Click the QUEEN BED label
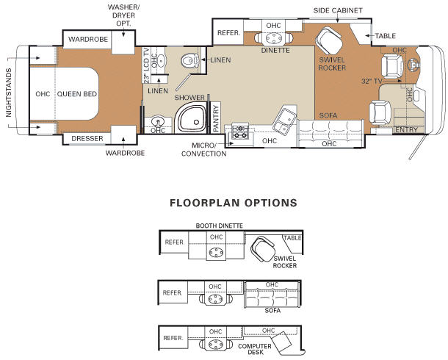click(77, 94)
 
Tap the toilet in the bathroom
click(190, 60)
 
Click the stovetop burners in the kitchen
click(240, 132)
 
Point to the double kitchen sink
click(284, 120)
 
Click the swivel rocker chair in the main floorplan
click(329, 40)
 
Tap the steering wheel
click(414, 65)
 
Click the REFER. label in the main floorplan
click(228, 33)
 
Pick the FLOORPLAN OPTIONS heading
click(234, 203)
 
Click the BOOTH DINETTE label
click(220, 226)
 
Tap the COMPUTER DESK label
click(255, 349)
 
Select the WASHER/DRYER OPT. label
click(123, 15)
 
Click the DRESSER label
click(87, 139)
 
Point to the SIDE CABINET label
click(338, 10)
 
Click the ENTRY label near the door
click(406, 130)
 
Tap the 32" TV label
click(372, 81)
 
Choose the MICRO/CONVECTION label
click(203, 149)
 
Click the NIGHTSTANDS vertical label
click(9, 93)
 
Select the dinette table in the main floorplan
click(273, 37)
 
